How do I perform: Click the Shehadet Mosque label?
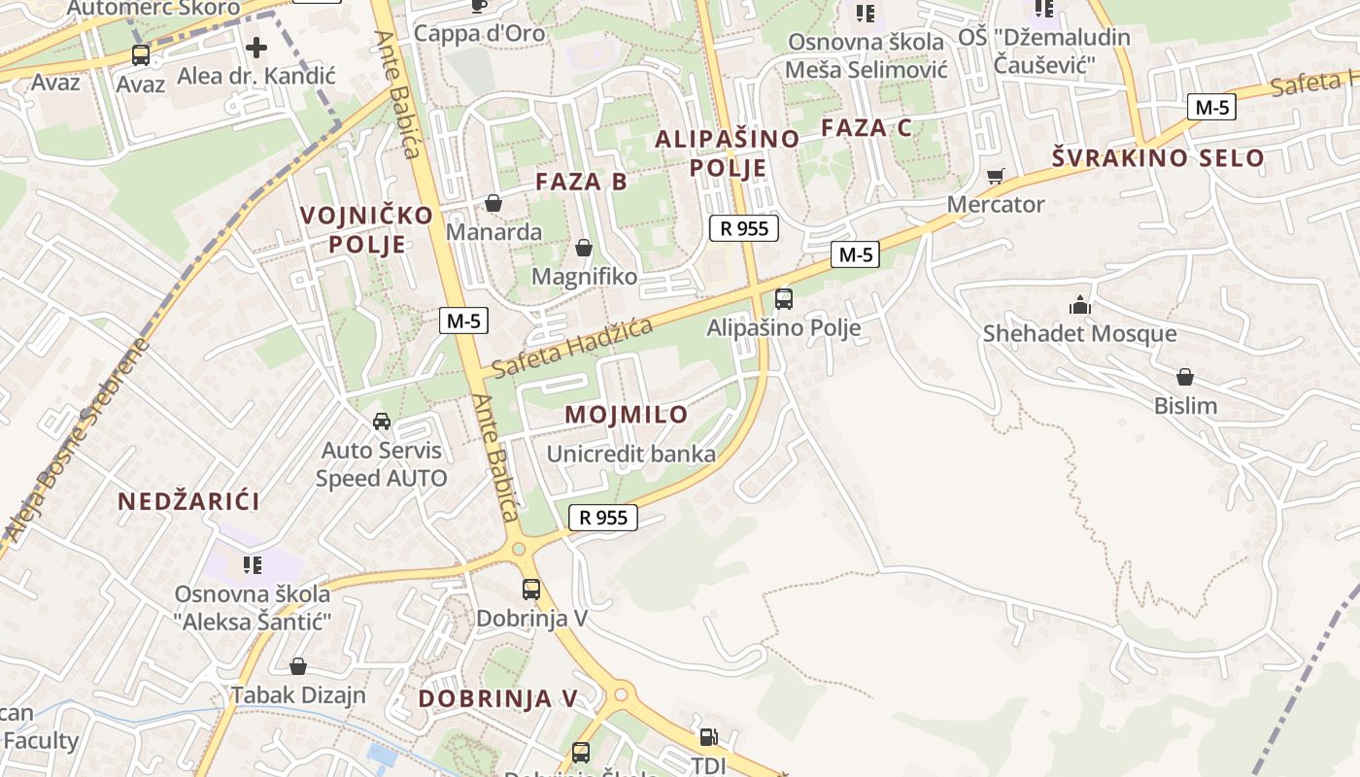pyautogui.click(x=1079, y=334)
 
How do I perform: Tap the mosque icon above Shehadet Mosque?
pyautogui.click(x=1079, y=306)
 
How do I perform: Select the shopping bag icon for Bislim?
pyautogui.click(x=1184, y=377)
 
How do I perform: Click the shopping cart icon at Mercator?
pyautogui.click(x=995, y=176)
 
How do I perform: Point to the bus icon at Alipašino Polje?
pyautogui.click(x=783, y=299)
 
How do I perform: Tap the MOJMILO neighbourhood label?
pyautogui.click(x=626, y=415)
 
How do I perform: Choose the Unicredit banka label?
pyautogui.click(x=630, y=454)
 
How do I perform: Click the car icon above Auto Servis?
pyautogui.click(x=382, y=422)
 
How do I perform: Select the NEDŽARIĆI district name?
pyautogui.click(x=188, y=502)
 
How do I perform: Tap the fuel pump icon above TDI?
pyautogui.click(x=709, y=738)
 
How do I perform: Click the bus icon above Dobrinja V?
pyautogui.click(x=530, y=589)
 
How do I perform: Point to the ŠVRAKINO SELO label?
pyautogui.click(x=1159, y=158)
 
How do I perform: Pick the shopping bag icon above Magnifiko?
pyautogui.click(x=584, y=249)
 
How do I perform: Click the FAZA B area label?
pyautogui.click(x=581, y=182)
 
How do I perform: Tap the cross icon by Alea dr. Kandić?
pyautogui.click(x=256, y=47)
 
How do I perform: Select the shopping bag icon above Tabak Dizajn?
pyautogui.click(x=298, y=666)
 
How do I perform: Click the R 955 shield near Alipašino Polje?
pyautogui.click(x=745, y=228)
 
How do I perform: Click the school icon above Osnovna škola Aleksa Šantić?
pyautogui.click(x=253, y=564)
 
